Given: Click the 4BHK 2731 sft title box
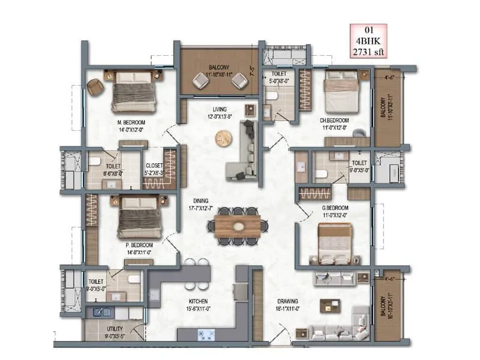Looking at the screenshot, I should (369, 41).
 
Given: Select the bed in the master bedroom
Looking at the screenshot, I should (134, 90).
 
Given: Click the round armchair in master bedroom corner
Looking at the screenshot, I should (95, 87).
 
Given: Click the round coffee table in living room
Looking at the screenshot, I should (223, 139).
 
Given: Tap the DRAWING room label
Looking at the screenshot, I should (288, 301).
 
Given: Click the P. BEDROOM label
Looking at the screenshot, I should (139, 245).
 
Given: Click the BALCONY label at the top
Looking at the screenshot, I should (220, 68).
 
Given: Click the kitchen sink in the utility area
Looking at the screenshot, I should (96, 312).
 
